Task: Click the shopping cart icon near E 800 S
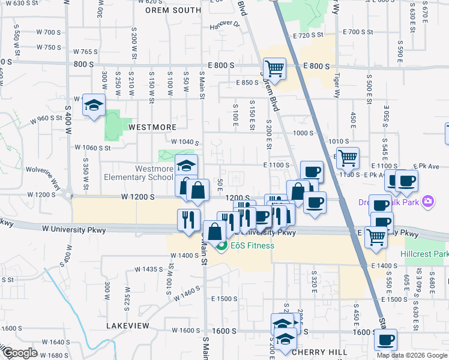[274, 68]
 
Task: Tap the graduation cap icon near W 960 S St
[94, 106]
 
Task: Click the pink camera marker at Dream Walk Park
[428, 200]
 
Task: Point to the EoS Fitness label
[251, 245]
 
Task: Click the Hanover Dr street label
[224, 25]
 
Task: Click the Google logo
[20, 353]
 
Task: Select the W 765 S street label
[85, 52]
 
